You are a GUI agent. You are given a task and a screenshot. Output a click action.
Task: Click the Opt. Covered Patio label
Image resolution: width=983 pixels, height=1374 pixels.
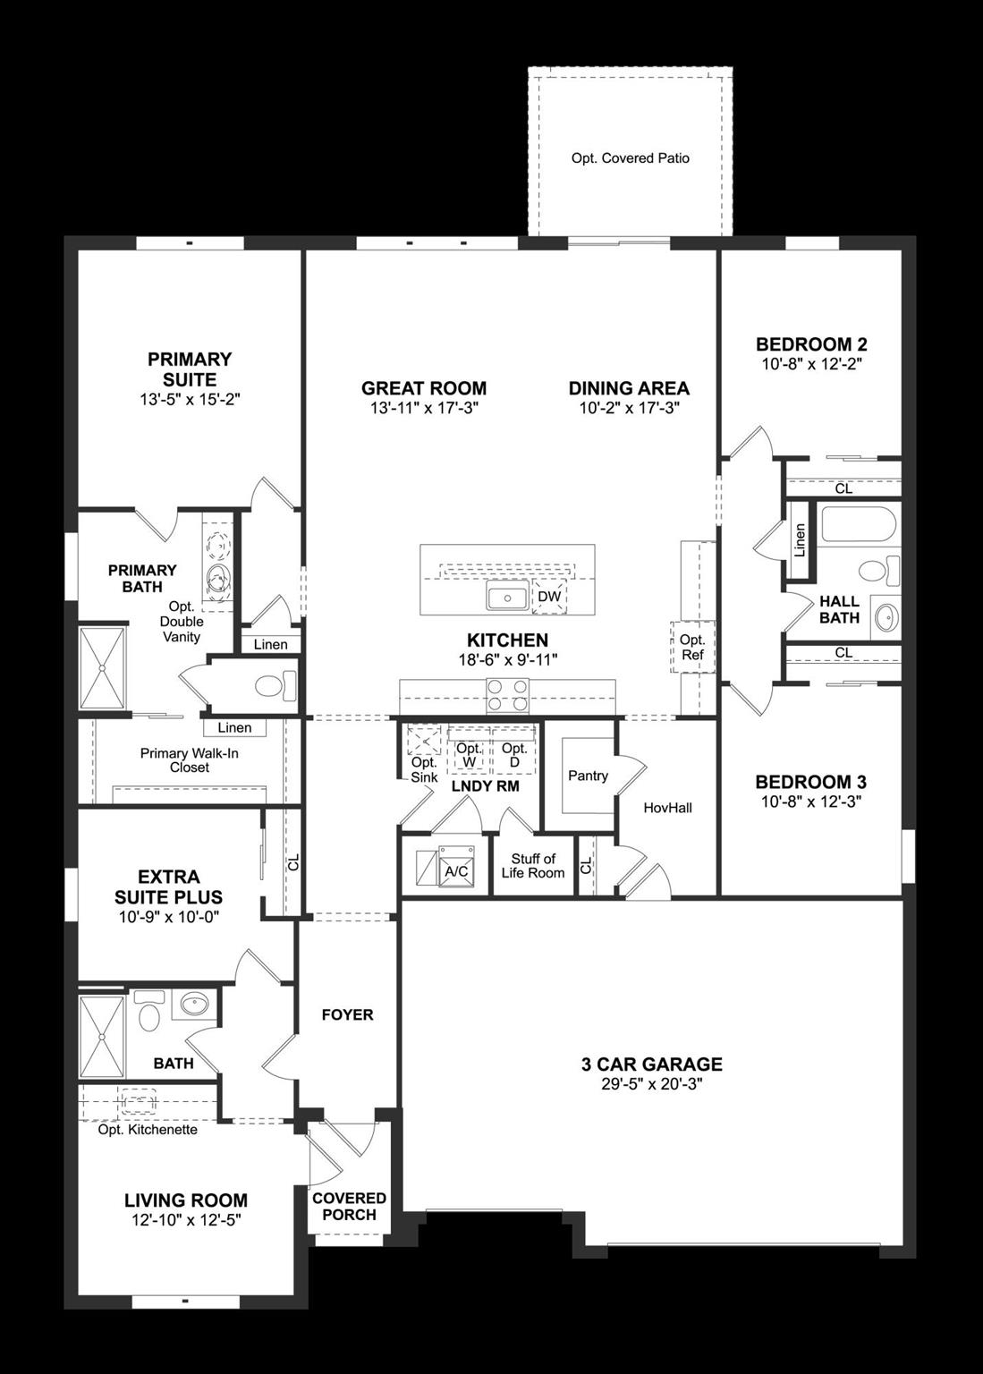pos(630,158)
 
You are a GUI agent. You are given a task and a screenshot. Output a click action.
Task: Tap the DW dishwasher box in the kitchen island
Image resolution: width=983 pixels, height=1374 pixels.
pos(549,597)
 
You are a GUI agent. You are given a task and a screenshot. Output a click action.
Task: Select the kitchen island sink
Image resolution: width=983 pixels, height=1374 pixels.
pos(507,597)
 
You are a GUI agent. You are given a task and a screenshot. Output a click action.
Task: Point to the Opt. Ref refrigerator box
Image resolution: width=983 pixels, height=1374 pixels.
pos(692,647)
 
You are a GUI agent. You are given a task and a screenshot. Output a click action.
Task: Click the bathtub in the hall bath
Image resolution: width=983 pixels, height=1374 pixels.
pos(858,525)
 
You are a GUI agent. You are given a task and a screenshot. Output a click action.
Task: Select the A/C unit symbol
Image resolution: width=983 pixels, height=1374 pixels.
pos(455,869)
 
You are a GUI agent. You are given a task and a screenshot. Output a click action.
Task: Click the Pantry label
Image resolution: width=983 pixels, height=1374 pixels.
pos(588,776)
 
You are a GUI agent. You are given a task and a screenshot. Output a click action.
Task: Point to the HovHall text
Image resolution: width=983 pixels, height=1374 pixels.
pos(668,808)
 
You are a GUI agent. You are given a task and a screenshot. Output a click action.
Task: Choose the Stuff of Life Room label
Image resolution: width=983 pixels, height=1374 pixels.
pos(533,866)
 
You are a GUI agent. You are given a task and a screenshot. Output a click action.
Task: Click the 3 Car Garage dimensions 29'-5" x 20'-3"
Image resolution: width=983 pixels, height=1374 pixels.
pos(651,1084)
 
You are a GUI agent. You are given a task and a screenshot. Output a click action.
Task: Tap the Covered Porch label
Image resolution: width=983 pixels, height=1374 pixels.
pos(349,1206)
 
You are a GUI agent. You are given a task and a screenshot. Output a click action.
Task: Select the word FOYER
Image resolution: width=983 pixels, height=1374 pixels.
pos(347,1014)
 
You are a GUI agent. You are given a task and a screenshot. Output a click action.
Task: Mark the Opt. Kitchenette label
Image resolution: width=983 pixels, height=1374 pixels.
pos(148,1129)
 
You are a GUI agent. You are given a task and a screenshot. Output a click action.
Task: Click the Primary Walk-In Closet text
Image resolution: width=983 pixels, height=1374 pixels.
pos(189,760)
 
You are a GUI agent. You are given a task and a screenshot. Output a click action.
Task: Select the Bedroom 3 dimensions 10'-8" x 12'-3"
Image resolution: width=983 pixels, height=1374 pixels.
pos(810,802)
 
